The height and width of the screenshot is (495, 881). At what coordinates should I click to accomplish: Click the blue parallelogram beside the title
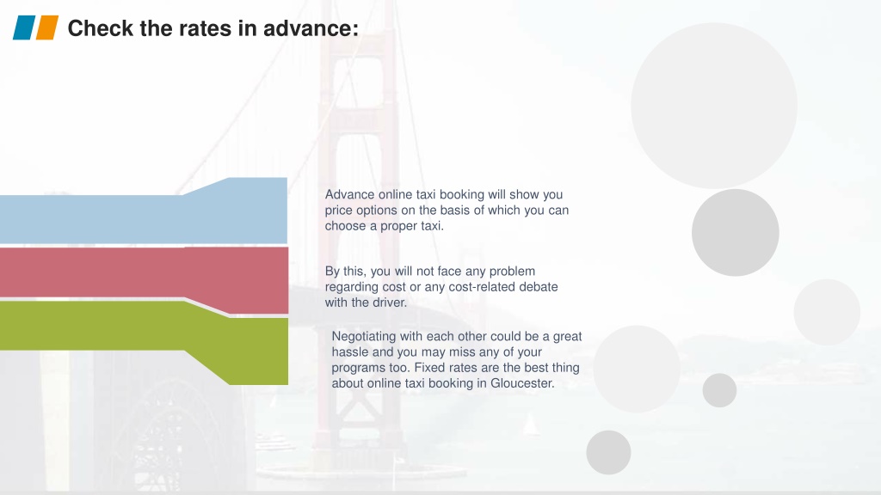(x=24, y=27)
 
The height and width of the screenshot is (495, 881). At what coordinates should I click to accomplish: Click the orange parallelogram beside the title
(x=47, y=27)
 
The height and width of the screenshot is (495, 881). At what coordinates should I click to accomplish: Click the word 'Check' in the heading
(x=101, y=28)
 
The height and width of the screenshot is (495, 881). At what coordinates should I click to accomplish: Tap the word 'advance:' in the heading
(x=311, y=28)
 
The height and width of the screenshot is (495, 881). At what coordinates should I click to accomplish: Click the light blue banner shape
(x=144, y=211)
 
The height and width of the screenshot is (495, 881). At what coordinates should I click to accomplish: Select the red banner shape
(x=144, y=278)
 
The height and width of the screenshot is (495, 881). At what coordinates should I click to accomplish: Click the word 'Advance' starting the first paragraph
(x=349, y=195)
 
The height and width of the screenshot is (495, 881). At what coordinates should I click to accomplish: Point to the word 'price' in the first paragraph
(x=338, y=211)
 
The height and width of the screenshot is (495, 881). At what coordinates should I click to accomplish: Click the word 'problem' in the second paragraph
(x=512, y=272)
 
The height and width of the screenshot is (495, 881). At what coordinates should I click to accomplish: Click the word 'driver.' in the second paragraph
(x=390, y=302)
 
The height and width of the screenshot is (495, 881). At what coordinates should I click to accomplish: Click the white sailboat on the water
(x=530, y=425)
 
